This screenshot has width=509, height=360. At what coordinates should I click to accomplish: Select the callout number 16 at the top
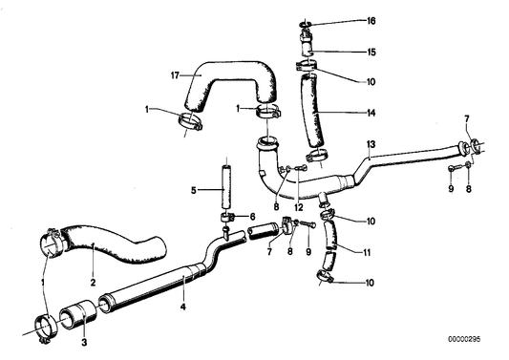click(x=371, y=19)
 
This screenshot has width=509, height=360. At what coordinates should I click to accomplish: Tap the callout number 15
click(x=371, y=52)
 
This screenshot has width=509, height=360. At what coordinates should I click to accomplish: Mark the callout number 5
click(x=195, y=190)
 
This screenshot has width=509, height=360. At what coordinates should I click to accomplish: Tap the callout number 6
click(x=253, y=217)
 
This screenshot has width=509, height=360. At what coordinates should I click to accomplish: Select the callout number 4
click(x=183, y=307)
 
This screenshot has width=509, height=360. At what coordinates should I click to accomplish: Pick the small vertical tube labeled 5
click(x=227, y=188)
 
